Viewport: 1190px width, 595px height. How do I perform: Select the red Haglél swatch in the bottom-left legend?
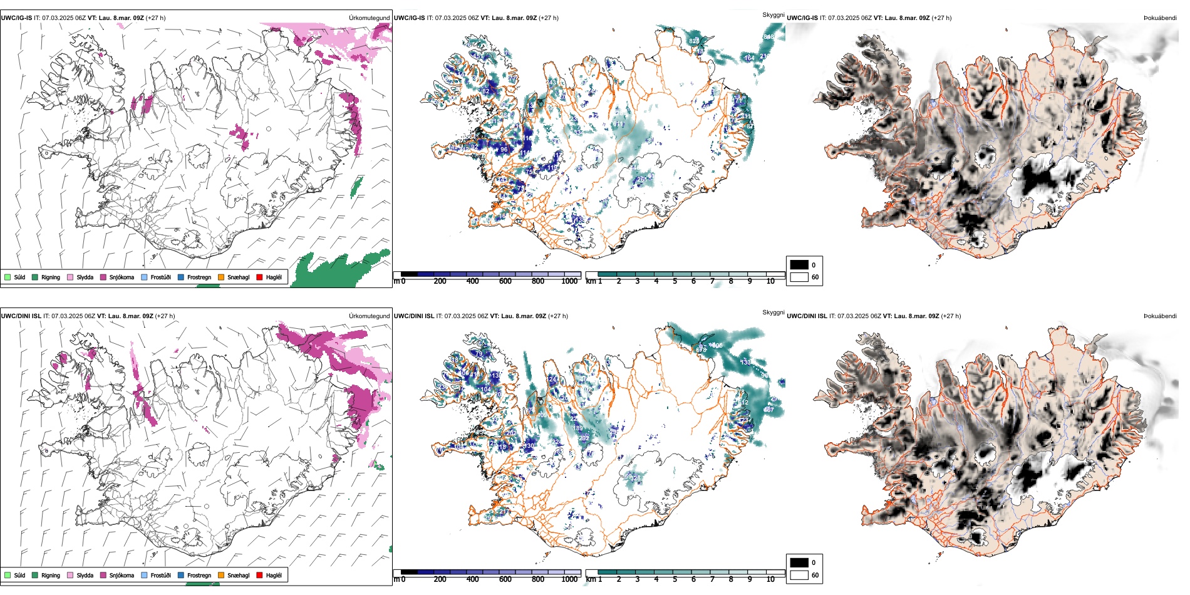coord(260,575)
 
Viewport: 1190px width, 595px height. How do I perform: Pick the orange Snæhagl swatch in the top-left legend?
coord(221,277)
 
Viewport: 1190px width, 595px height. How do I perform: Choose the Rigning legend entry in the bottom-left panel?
coord(46,575)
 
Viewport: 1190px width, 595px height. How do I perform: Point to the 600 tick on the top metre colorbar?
coord(505,281)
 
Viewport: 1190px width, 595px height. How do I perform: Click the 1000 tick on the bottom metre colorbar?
coord(569,579)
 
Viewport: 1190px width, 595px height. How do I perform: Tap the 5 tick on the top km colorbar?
coord(675,281)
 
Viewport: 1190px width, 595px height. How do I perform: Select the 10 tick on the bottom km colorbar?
coord(770,579)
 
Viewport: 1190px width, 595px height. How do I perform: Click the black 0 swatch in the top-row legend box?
coord(799,265)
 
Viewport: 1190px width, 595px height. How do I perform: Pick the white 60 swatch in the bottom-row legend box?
coord(799,575)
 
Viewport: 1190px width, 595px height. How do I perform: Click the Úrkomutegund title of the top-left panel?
coord(369,18)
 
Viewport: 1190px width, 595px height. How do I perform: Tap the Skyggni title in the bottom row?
coord(773,313)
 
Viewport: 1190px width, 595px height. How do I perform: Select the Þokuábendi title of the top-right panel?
coord(1160,18)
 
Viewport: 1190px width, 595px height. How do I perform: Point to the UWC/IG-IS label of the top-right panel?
coord(802,18)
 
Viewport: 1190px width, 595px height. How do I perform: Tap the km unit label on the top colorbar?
coord(590,281)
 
